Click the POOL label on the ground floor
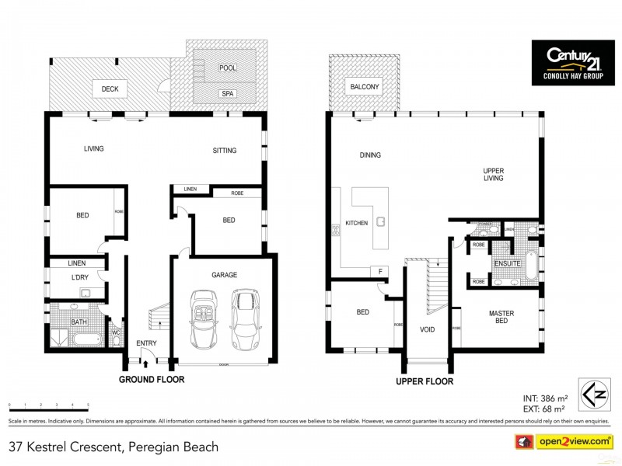[x=227, y=68]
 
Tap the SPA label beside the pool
[x=227, y=94]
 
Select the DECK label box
[x=110, y=89]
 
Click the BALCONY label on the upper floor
[x=365, y=87]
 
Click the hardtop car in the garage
[x=246, y=318]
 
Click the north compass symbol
[x=589, y=392]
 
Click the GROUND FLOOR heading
[x=151, y=380]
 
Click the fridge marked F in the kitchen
[x=380, y=271]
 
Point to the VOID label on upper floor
[x=427, y=329]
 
